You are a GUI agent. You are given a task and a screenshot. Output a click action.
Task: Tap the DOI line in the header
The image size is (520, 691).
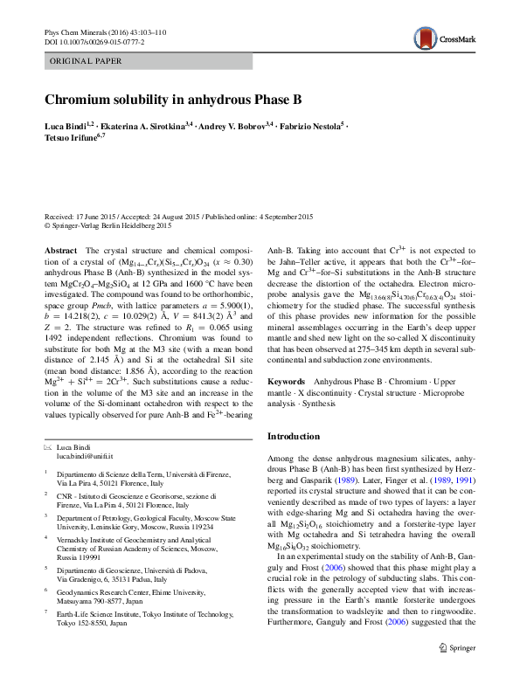pyautogui.click(x=94, y=41)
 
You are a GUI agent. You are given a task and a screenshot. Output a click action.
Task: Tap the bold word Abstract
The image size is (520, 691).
pyautogui.click(x=59, y=250)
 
